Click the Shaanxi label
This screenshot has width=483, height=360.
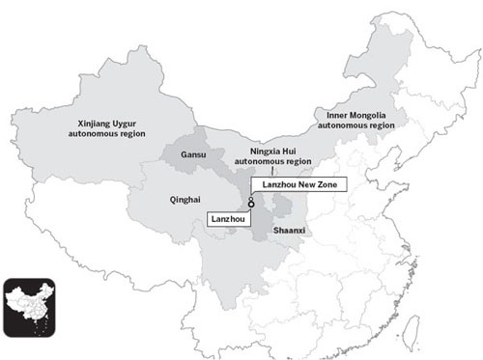coord(290,233)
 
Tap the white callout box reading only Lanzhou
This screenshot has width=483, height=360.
coord(229,220)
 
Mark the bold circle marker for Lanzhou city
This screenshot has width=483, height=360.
coord(249,205)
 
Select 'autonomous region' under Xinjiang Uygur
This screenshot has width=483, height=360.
coord(116,134)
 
